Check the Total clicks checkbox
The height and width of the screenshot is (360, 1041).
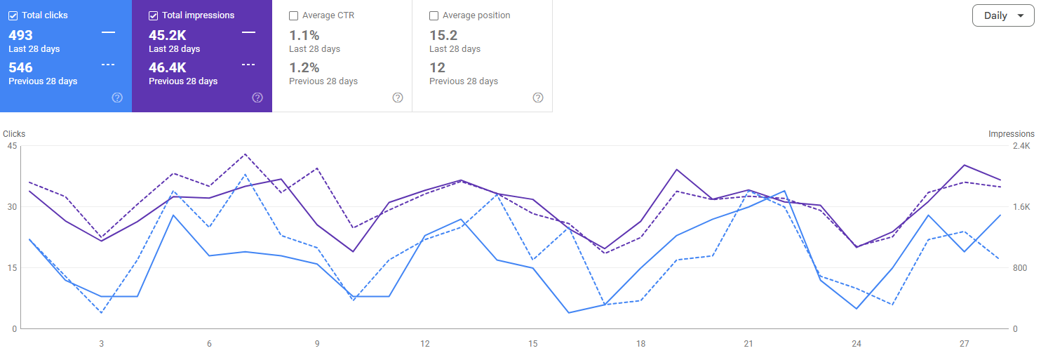[x=13, y=16]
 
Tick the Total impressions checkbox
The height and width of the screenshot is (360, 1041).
[x=154, y=16]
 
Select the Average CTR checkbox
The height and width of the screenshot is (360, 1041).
[x=294, y=16]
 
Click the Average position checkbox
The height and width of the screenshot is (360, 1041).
[x=434, y=16]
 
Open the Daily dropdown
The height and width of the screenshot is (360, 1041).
[x=1003, y=16]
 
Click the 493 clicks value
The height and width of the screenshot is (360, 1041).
[x=20, y=35]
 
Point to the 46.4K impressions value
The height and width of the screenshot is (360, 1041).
[x=167, y=68]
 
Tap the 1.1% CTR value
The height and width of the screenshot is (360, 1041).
[x=304, y=35]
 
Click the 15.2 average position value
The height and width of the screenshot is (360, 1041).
[x=443, y=35]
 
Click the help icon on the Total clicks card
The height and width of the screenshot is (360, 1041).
[x=117, y=98]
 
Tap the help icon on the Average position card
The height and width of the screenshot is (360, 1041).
[x=538, y=98]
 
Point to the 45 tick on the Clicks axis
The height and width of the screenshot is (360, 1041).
[x=12, y=146]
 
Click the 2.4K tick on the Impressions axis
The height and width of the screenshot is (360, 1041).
[x=1021, y=146]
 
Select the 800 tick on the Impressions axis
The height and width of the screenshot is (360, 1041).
[x=1020, y=268]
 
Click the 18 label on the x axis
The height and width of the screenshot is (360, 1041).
[x=640, y=344]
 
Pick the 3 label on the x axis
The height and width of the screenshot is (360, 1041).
[x=101, y=344]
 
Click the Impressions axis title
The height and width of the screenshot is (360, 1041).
[x=1012, y=134]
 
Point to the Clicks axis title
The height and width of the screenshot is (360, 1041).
[x=14, y=134]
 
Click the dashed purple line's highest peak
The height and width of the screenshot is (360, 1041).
[x=245, y=154]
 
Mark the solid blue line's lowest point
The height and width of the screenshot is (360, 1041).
[x=569, y=312]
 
